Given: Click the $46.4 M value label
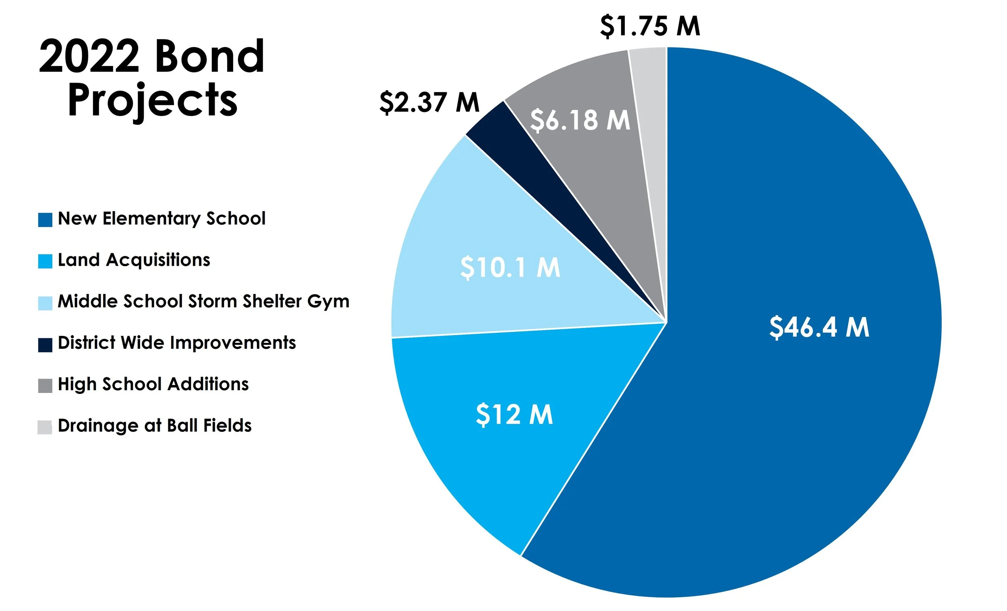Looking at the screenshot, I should click(x=819, y=327).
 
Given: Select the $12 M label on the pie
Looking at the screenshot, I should click(x=514, y=414).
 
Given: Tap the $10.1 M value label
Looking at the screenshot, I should click(x=510, y=267).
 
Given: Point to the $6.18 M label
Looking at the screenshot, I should click(x=580, y=120).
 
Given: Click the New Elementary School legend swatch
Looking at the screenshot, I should click(x=45, y=220).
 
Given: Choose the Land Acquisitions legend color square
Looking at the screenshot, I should click(x=45, y=261).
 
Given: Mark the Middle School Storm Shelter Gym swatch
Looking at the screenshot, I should click(x=45, y=303).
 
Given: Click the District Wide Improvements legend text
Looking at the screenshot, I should click(x=176, y=342).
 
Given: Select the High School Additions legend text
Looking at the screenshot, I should click(x=153, y=384).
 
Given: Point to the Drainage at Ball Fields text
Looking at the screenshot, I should click(x=155, y=425).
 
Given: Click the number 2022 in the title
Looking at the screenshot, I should click(x=89, y=56).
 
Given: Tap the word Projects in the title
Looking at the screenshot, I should click(x=152, y=100).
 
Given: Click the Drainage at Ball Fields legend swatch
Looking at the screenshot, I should click(x=45, y=427).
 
